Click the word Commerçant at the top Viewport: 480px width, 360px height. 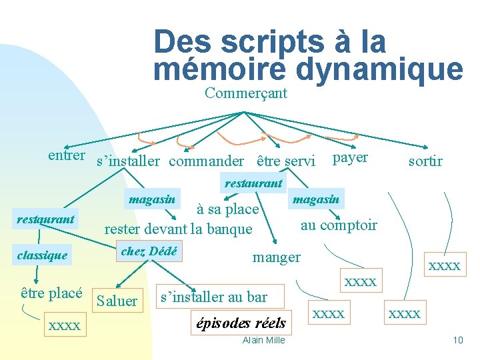245,93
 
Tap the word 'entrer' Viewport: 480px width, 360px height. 66,156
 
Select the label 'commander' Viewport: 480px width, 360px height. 206,161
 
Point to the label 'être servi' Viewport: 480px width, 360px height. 285,161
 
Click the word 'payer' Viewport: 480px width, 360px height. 350,157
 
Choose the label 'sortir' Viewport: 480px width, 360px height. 425,161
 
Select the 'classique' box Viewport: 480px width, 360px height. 43,255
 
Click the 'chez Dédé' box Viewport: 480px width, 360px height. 148,251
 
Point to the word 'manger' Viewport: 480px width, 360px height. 276,257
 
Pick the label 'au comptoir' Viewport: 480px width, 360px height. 339,225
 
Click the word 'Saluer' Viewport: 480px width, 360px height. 117,301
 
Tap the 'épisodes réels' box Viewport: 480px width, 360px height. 241,323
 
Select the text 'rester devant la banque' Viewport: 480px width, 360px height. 178,229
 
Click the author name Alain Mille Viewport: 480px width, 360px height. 263,341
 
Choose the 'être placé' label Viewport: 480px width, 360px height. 51,293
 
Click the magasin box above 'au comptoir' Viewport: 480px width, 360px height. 316,199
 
